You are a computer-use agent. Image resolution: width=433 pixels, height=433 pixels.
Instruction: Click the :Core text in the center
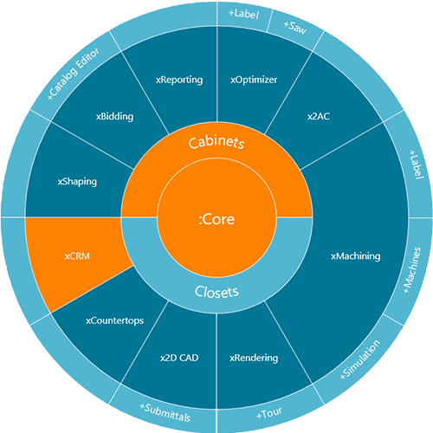click(x=216, y=219)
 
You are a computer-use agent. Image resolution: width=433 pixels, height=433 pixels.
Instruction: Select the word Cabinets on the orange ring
click(x=216, y=142)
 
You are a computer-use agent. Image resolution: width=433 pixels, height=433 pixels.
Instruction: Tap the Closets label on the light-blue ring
click(x=216, y=292)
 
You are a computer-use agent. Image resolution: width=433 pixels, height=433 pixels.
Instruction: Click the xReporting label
click(x=179, y=80)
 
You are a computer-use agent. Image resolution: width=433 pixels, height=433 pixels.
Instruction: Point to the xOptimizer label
click(x=254, y=80)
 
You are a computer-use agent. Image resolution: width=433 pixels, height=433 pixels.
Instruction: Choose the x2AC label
click(x=319, y=116)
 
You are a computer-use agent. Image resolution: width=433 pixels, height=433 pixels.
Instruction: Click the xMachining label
click(x=356, y=256)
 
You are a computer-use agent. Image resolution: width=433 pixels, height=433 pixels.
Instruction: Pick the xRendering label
click(x=254, y=359)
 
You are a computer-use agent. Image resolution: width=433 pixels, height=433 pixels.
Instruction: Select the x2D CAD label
click(x=179, y=358)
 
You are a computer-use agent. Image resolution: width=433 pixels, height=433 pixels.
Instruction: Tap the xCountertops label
click(x=114, y=321)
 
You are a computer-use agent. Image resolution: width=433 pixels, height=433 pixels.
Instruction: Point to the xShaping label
click(x=77, y=182)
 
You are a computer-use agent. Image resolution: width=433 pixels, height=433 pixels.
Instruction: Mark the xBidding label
click(x=114, y=117)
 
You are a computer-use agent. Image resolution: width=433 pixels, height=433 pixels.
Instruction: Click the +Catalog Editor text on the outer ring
click(x=74, y=74)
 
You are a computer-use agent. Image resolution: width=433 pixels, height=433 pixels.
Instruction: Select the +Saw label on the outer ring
click(x=294, y=27)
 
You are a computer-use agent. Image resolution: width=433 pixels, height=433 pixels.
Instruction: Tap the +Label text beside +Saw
click(x=243, y=14)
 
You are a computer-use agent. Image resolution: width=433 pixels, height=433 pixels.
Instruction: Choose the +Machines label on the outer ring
click(x=412, y=270)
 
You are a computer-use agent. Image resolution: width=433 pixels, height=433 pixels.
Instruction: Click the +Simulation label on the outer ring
click(x=359, y=359)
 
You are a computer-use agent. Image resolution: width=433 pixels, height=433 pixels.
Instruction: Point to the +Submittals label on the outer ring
click(x=165, y=413)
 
